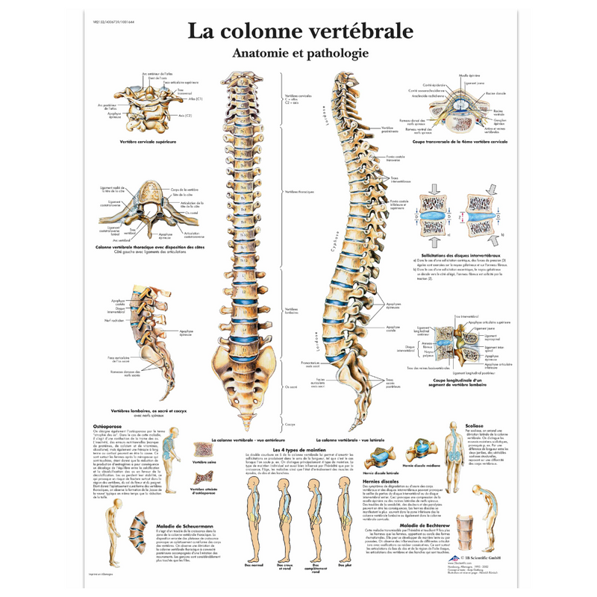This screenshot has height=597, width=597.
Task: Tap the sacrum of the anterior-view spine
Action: click(243, 377)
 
